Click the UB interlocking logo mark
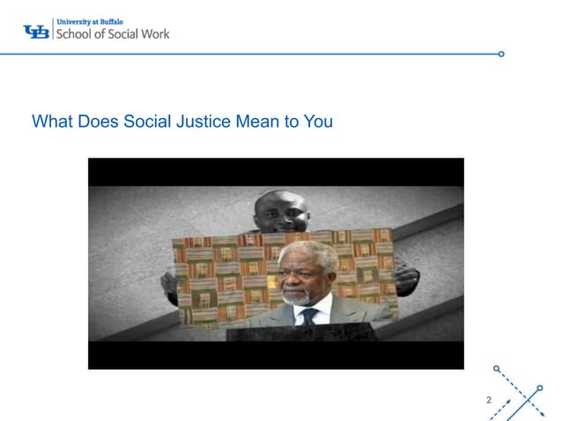[36, 32]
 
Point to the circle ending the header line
[501, 54]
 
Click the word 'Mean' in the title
[257, 122]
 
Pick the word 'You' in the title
[318, 122]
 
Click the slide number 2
[489, 402]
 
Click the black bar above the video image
[276, 172]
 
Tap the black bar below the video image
[276, 355]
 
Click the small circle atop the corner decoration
[497, 367]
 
